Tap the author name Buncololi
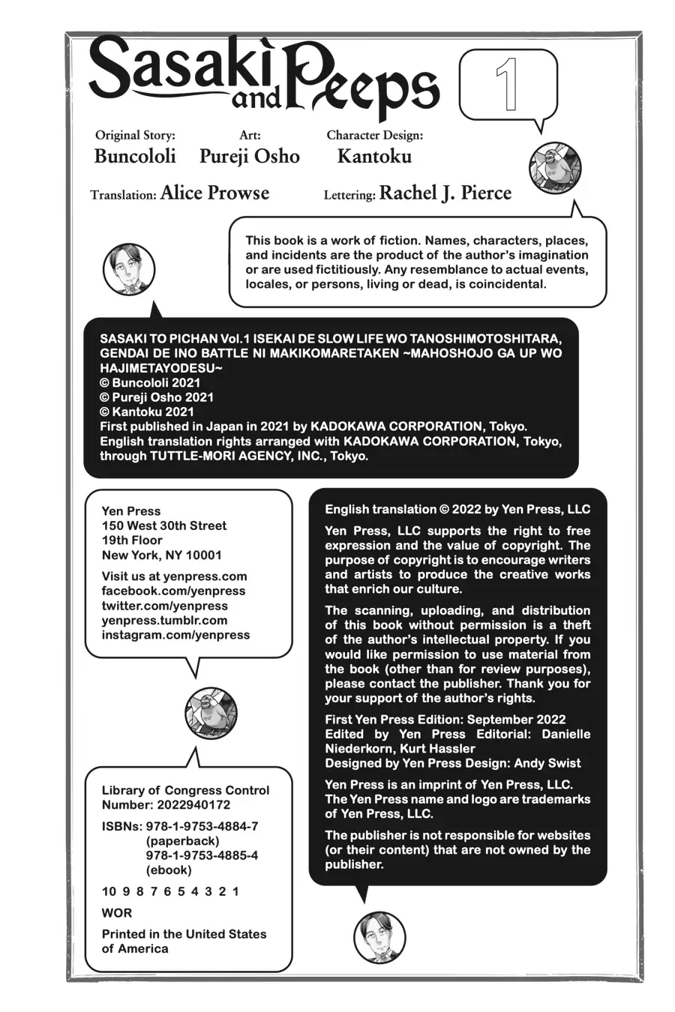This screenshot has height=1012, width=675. tap(135, 156)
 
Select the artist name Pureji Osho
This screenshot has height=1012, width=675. tap(249, 156)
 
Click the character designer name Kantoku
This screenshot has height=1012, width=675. tap(374, 156)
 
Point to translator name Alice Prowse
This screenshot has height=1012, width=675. tap(214, 193)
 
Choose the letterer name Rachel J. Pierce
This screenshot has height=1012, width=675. tap(445, 193)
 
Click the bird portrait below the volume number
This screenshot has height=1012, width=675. tap(555, 167)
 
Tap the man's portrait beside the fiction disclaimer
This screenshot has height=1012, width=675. tap(128, 269)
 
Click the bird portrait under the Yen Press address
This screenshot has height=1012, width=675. tap(211, 713)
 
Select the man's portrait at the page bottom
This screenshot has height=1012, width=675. tap(379, 937)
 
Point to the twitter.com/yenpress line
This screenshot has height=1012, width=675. tap(164, 606)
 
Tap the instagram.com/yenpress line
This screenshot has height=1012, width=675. tap(175, 635)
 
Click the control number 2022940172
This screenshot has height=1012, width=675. tap(193, 805)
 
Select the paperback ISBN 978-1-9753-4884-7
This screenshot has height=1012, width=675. tap(202, 826)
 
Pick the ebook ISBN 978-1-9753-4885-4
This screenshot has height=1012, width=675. tap(202, 855)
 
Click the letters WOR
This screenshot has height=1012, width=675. tap(117, 913)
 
